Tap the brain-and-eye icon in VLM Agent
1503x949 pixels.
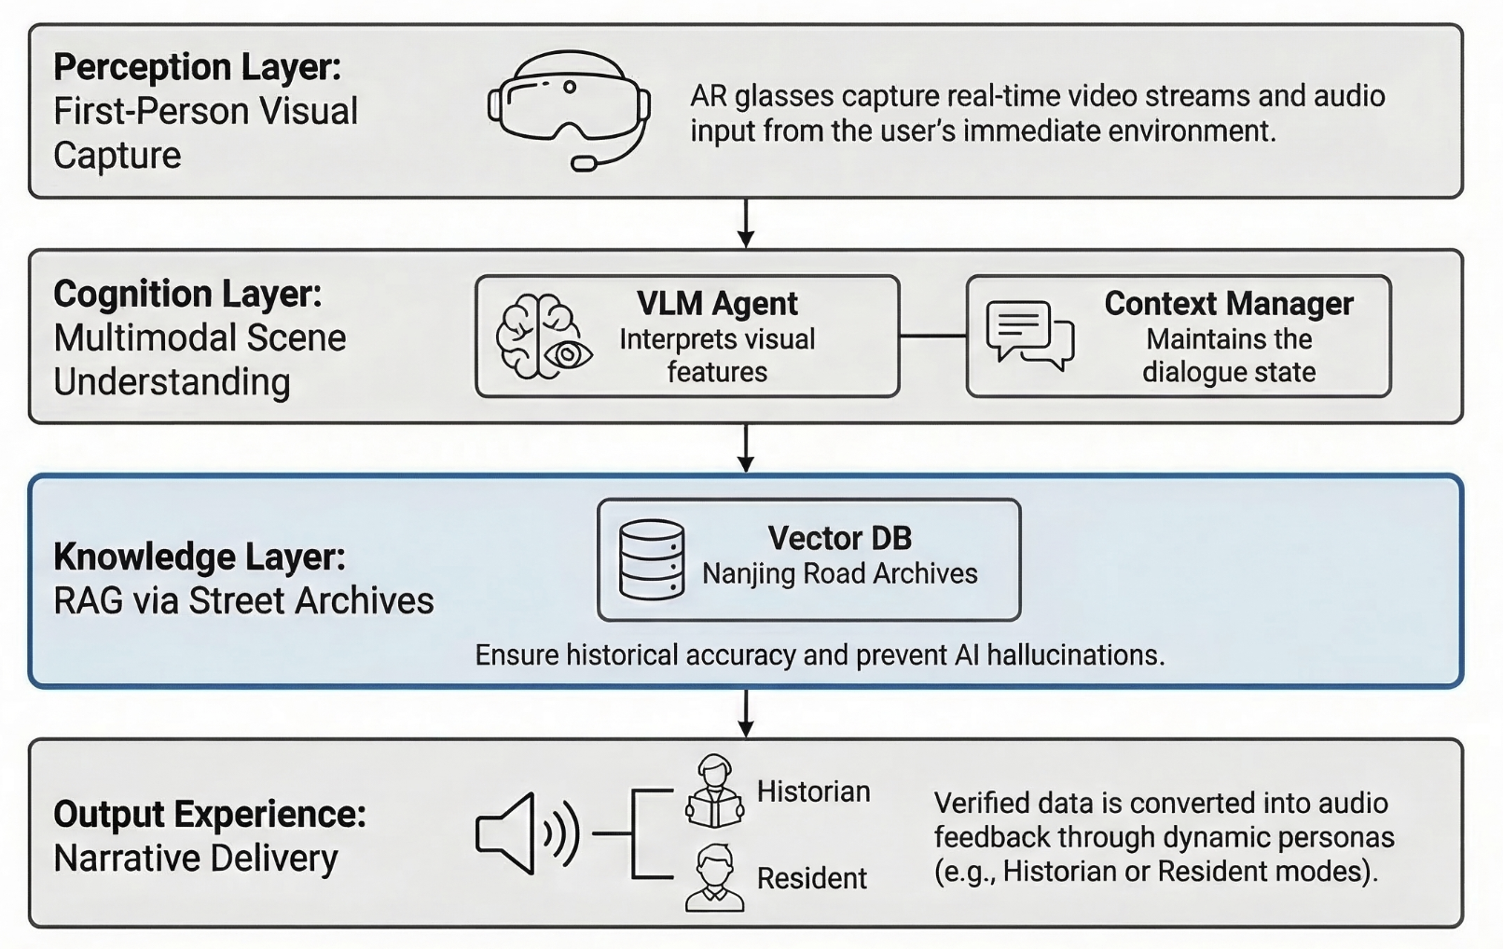click(x=544, y=337)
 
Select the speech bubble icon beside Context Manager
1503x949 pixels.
click(x=1029, y=334)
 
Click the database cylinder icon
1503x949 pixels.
click(x=652, y=559)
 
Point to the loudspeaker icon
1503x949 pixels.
click(x=527, y=832)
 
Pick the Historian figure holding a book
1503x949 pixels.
click(x=715, y=792)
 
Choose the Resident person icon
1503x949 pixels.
click(x=715, y=878)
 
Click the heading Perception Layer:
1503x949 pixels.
click(x=198, y=67)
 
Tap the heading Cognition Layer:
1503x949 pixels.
click(x=187, y=294)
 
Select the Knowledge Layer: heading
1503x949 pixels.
click(x=200, y=557)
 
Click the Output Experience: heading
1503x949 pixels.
click(x=210, y=814)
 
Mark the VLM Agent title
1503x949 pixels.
click(x=717, y=304)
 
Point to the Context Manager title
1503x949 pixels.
click(x=1228, y=304)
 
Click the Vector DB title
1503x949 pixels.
click(x=839, y=538)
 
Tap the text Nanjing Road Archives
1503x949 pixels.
click(x=839, y=573)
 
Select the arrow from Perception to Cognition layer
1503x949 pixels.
click(x=746, y=224)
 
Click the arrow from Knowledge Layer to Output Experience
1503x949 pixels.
click(x=746, y=714)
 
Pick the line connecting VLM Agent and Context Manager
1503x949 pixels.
click(x=932, y=336)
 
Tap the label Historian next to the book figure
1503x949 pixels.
click(x=813, y=791)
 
